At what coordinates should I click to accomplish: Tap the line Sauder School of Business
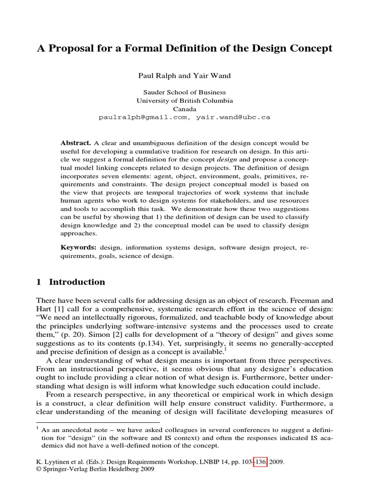coord(184,92)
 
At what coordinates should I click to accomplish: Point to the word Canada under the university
coord(184,109)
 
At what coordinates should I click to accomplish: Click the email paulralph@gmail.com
coord(144,117)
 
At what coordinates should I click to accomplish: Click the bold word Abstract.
coord(75,143)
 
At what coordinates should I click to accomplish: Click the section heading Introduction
coord(77,282)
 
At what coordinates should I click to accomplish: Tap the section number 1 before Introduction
coord(39,282)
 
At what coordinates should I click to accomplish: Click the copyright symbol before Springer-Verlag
coord(39,471)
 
